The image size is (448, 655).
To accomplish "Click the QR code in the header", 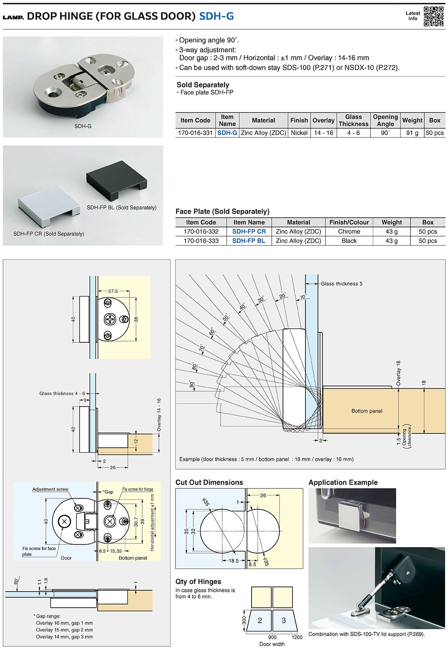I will point(434,16).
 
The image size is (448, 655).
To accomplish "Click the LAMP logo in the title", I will point(13,17).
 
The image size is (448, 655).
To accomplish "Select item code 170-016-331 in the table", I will point(195,133).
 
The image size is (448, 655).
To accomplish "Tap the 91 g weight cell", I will point(412,133).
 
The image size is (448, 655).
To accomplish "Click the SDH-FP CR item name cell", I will point(249,232).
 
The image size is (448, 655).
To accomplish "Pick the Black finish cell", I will point(349,241).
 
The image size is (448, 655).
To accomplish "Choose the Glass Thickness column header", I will point(353,120).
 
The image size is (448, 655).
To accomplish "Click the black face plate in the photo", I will point(116,179).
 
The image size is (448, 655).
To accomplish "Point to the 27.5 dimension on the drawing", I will point(113,291).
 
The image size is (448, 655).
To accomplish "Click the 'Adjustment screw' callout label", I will point(50,489).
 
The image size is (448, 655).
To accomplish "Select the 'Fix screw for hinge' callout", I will point(138,489).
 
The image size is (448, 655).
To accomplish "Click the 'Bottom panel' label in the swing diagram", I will point(367,411).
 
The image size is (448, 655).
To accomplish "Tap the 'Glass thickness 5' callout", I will point(342,284).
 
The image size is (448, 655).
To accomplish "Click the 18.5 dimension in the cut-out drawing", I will point(234,561).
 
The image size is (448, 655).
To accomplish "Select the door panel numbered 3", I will point(283,620).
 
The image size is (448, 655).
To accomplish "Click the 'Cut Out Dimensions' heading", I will point(209,482).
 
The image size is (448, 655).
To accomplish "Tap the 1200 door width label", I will point(297,637).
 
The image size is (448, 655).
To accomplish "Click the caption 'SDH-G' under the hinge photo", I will point(83,126).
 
